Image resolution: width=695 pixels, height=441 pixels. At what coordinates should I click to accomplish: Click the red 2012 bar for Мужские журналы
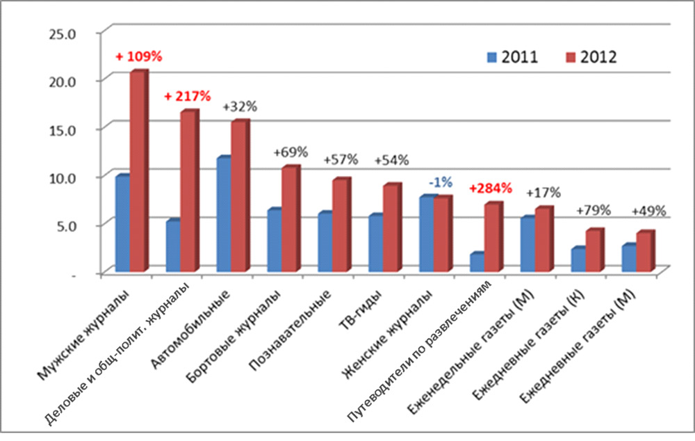click(x=138, y=171)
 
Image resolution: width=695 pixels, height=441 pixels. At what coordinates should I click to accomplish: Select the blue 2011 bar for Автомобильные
click(x=224, y=215)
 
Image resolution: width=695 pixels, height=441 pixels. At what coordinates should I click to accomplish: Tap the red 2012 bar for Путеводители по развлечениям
click(x=492, y=237)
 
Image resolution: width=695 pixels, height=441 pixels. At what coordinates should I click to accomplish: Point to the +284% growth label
click(x=491, y=188)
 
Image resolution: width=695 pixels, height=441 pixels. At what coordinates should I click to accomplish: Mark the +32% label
click(x=240, y=106)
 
